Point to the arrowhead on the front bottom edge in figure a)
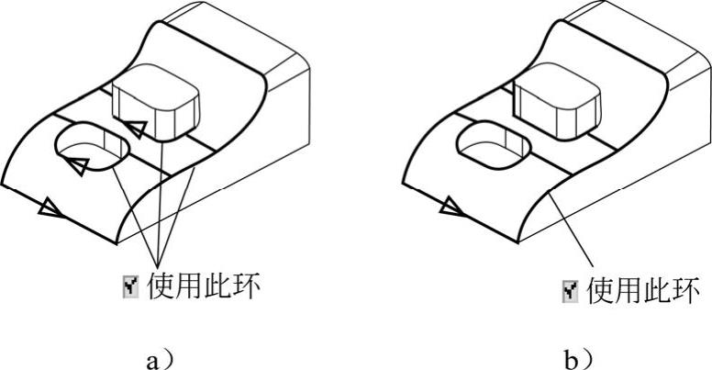coord(49,210)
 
